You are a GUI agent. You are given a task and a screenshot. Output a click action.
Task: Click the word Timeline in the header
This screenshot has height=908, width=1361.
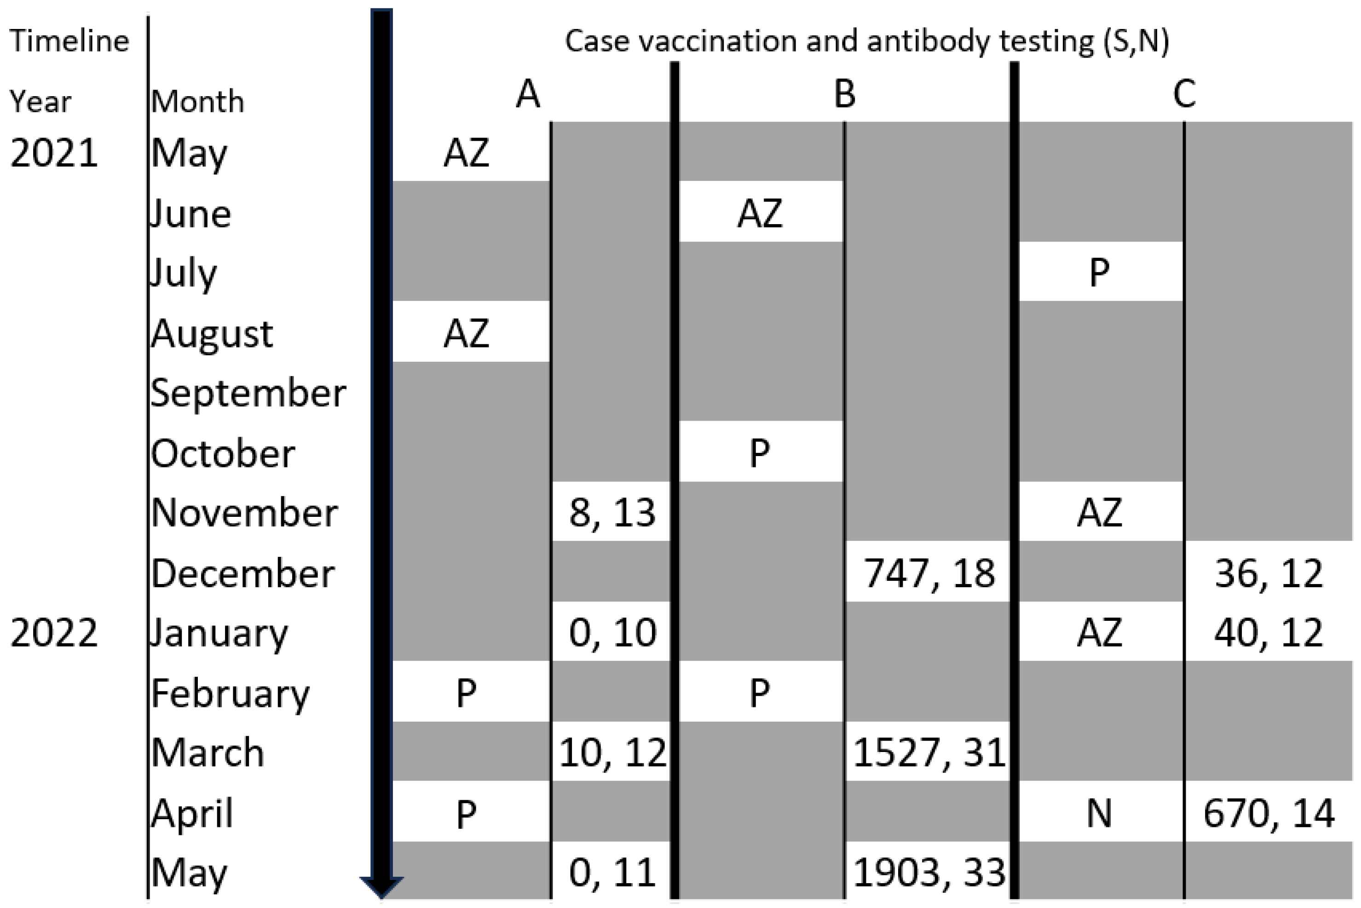69,41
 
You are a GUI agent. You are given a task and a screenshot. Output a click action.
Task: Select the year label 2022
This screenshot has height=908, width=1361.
54,633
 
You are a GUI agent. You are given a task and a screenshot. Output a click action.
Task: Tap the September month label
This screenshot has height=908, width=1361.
248,393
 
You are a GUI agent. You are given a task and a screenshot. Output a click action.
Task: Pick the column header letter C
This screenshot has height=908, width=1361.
1184,94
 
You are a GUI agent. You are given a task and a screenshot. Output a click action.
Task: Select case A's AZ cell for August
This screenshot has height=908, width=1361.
467,333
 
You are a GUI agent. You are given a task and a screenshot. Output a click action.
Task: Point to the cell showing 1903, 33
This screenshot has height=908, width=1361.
928,872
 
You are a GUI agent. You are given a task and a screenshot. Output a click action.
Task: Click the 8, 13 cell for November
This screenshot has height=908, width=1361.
612,513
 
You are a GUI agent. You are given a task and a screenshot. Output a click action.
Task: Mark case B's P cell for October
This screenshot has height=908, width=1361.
760,453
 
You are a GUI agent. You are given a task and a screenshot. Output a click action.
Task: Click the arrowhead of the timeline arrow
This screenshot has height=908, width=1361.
381,886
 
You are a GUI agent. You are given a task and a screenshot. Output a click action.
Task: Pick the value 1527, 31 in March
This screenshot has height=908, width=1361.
928,753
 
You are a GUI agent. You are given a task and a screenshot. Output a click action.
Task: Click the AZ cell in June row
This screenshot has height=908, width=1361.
760,213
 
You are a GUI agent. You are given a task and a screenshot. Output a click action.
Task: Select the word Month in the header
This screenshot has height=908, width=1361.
197,102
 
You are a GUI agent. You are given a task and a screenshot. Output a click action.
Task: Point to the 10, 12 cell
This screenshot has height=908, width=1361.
612,753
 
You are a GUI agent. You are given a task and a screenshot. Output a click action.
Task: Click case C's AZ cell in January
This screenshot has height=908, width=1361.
1099,633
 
